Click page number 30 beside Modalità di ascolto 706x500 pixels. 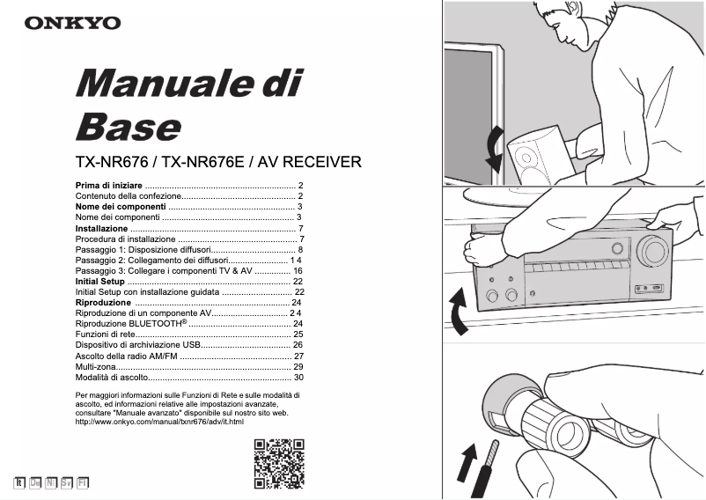click(x=298, y=377)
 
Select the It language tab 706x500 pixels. click(x=18, y=482)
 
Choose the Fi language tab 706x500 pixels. click(x=82, y=482)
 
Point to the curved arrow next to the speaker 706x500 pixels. click(x=495, y=149)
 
